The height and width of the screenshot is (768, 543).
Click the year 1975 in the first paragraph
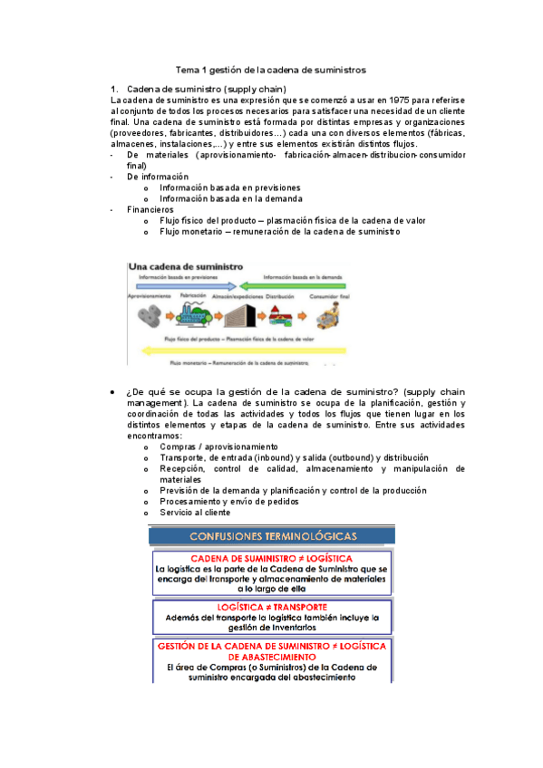click(x=401, y=99)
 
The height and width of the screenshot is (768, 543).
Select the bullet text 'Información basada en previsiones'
click(x=230, y=187)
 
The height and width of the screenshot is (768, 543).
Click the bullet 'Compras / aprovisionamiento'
click(x=218, y=446)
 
